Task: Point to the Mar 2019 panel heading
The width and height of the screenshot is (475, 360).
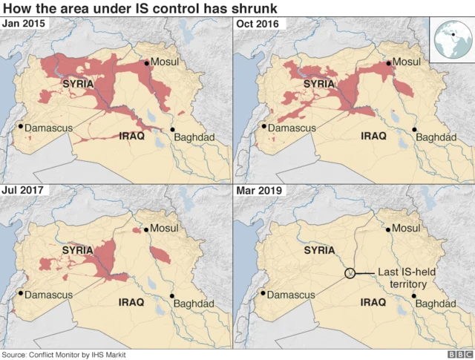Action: pyautogui.click(x=257, y=191)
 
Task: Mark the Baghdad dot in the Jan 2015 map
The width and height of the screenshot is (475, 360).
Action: pyautogui.click(x=173, y=130)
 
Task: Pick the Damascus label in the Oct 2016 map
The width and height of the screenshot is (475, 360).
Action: pyautogui.click(x=292, y=128)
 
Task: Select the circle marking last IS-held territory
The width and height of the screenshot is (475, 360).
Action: pyautogui.click(x=350, y=274)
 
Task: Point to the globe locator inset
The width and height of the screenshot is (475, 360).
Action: pyautogui.click(x=451, y=39)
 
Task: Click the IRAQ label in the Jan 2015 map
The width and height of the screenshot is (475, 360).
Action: pyautogui.click(x=131, y=137)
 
